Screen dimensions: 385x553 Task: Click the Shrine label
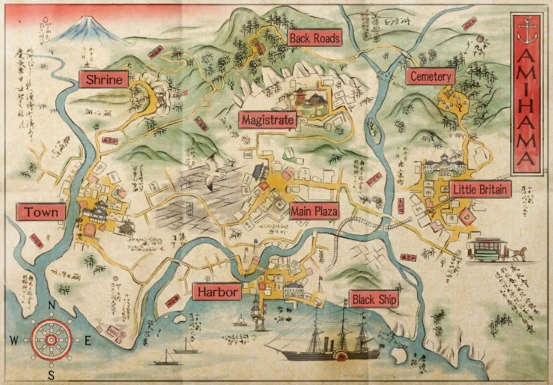click(104, 79)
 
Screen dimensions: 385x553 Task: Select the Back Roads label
click(315, 38)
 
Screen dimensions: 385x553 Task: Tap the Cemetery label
click(430, 76)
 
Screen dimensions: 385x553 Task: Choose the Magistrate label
click(267, 120)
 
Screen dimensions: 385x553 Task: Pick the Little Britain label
click(480, 189)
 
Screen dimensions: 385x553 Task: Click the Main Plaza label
click(314, 211)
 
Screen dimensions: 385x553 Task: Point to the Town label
click(41, 212)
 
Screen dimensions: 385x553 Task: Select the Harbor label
click(217, 292)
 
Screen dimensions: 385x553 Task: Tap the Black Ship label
click(374, 300)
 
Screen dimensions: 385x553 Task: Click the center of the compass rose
click(51, 340)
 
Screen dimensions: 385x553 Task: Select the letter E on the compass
click(87, 341)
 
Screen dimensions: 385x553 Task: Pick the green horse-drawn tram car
click(487, 249)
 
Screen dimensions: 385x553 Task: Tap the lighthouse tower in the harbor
click(259, 313)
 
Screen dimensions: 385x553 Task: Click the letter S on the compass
click(51, 374)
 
